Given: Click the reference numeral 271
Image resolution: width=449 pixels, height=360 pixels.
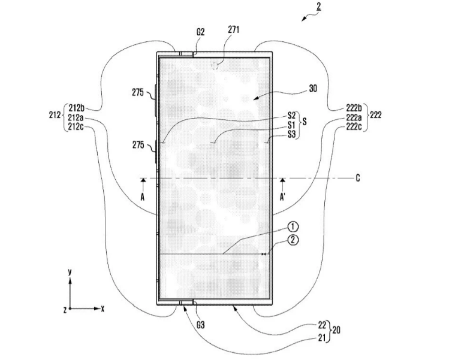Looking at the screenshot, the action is (x=233, y=29).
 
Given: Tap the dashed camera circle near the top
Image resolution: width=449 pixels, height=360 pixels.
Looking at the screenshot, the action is (x=215, y=66).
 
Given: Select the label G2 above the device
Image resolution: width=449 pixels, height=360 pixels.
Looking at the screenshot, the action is (x=200, y=32).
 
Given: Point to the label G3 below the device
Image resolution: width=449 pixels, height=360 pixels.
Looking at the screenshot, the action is (x=200, y=325).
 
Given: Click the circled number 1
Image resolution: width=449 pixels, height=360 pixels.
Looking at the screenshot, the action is (x=293, y=227).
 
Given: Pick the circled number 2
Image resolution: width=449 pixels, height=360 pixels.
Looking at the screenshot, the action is (x=293, y=240).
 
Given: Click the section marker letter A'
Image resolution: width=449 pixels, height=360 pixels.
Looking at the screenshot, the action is (x=282, y=197).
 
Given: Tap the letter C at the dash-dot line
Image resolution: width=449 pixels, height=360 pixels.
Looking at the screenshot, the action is (x=358, y=179).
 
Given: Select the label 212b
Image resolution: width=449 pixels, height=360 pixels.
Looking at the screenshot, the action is (x=77, y=108).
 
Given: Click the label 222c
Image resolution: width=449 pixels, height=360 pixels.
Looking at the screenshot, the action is (x=354, y=126).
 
